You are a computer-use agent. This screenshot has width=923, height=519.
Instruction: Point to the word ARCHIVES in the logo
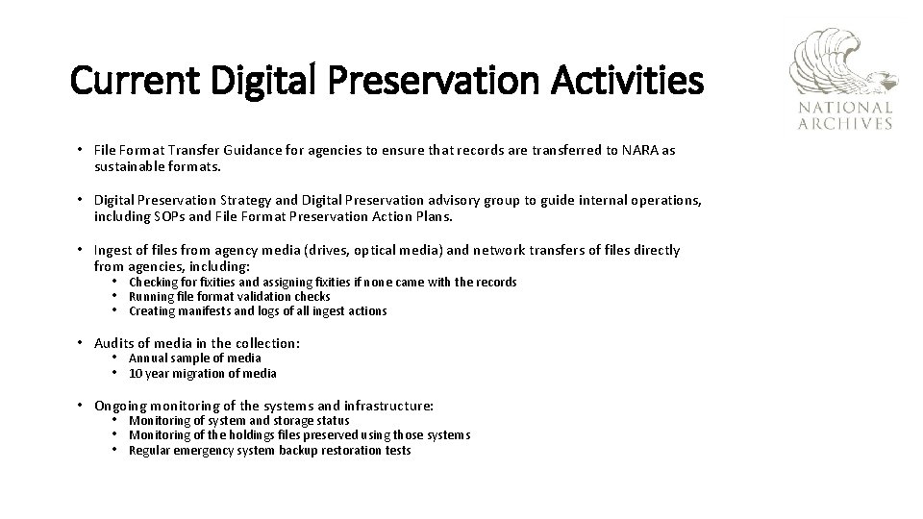click(845, 123)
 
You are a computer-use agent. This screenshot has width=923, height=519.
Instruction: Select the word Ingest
click(114, 251)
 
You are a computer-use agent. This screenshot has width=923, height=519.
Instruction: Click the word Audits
click(115, 343)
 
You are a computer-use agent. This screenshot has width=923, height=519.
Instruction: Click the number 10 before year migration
click(136, 374)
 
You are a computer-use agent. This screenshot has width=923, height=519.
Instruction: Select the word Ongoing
click(122, 407)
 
